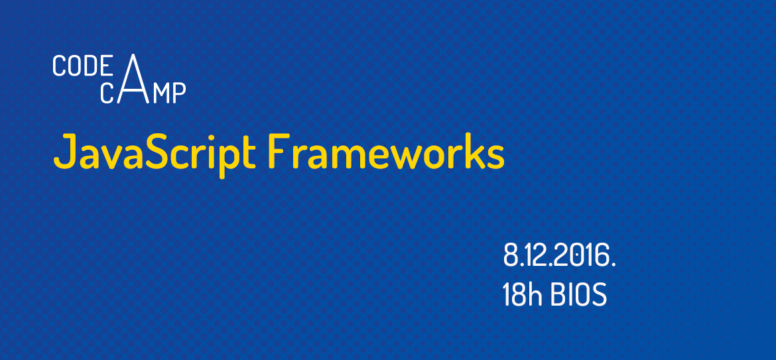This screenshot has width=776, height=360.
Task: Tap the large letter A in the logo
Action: [x=134, y=79]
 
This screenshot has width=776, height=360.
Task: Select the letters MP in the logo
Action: [x=170, y=93]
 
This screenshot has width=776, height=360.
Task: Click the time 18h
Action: [x=523, y=295]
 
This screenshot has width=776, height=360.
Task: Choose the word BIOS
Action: [x=579, y=295]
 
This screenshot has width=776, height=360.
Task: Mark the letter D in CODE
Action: [x=82, y=66]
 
